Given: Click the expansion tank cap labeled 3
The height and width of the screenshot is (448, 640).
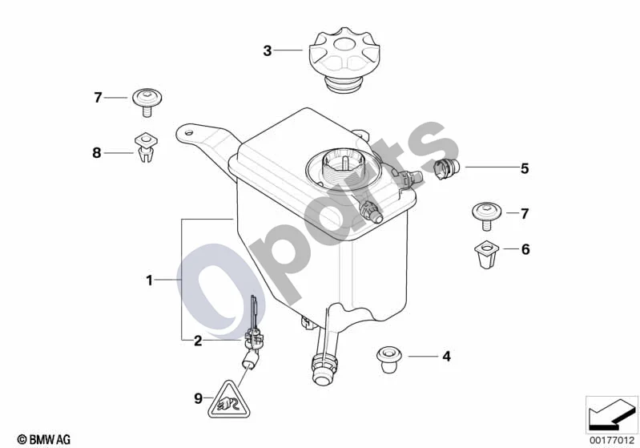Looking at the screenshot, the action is coord(337,59).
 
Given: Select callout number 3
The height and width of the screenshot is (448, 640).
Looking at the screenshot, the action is coord(268,50).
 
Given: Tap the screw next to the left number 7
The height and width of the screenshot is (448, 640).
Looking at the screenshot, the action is coord(147,102).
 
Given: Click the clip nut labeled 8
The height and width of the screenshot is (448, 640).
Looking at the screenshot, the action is coord(147,147).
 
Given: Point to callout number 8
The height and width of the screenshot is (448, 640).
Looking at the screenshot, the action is coord(97,153).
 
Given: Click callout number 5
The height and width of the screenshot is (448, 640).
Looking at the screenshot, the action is coord(525,168).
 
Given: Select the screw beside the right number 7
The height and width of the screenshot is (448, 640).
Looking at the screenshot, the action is coord(486,216).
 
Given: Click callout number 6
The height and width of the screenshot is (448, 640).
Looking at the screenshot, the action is coord(525,249).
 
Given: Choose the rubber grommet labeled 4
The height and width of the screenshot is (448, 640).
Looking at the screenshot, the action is coord(388,359).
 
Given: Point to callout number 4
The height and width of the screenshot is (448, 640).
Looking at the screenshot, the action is coord(447,357).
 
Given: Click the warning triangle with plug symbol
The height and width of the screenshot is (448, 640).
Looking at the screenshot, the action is coord(229,401).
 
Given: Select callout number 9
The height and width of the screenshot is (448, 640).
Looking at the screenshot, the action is coord(198,398).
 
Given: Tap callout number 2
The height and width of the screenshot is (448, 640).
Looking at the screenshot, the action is coord(198,341).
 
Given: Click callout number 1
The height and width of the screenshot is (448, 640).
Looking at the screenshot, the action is coord(150,281).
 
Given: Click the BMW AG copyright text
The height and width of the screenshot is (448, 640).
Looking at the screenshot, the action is coord(44,439).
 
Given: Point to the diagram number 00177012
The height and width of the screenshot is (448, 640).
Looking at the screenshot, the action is coord(611,440).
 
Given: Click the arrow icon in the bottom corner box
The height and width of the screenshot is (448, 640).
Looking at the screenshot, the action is coord(611,414).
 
